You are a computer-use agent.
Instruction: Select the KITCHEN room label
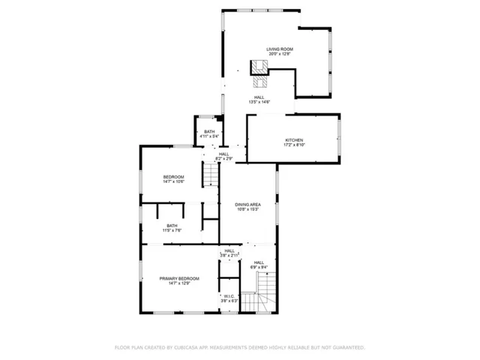(294, 140)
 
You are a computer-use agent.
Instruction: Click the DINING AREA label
(247, 205)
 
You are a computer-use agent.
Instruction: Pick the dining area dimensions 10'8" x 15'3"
(247, 209)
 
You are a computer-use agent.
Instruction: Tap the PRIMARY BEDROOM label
(179, 278)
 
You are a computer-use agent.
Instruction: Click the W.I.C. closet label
(229, 296)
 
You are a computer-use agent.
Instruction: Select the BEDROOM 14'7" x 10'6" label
(173, 177)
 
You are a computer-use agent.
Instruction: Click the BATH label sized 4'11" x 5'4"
(208, 132)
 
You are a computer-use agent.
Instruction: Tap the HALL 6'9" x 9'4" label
(259, 262)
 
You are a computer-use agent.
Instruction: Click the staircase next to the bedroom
(212, 176)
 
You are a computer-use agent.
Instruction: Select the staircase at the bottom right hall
(267, 293)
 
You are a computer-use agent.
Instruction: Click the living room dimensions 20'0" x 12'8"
(278, 54)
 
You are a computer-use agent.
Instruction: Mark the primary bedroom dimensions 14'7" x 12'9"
(179, 283)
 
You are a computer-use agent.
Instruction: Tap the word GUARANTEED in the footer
(348, 347)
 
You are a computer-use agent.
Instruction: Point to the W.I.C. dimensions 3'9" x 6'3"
(229, 301)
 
